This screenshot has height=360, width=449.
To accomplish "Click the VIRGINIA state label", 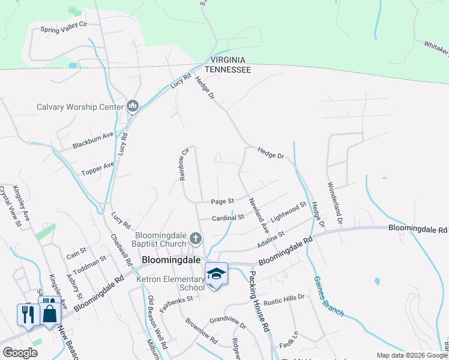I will click(x=228, y=60).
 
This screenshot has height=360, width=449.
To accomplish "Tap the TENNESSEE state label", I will click(x=228, y=70).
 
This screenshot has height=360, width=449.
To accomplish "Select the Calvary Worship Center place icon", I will click(x=133, y=107).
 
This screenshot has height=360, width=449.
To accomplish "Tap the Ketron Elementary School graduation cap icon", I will click(x=216, y=274).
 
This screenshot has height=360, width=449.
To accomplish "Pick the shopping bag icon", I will click(x=50, y=313).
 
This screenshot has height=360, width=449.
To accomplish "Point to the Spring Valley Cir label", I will click(x=64, y=28).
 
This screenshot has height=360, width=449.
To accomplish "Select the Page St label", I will click(x=221, y=202).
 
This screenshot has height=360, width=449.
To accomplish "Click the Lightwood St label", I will click(x=288, y=212).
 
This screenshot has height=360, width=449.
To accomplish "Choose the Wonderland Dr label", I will click(x=334, y=203).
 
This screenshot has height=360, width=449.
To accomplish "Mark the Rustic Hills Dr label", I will click(x=285, y=298).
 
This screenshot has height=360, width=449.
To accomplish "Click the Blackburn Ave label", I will click(x=92, y=141).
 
